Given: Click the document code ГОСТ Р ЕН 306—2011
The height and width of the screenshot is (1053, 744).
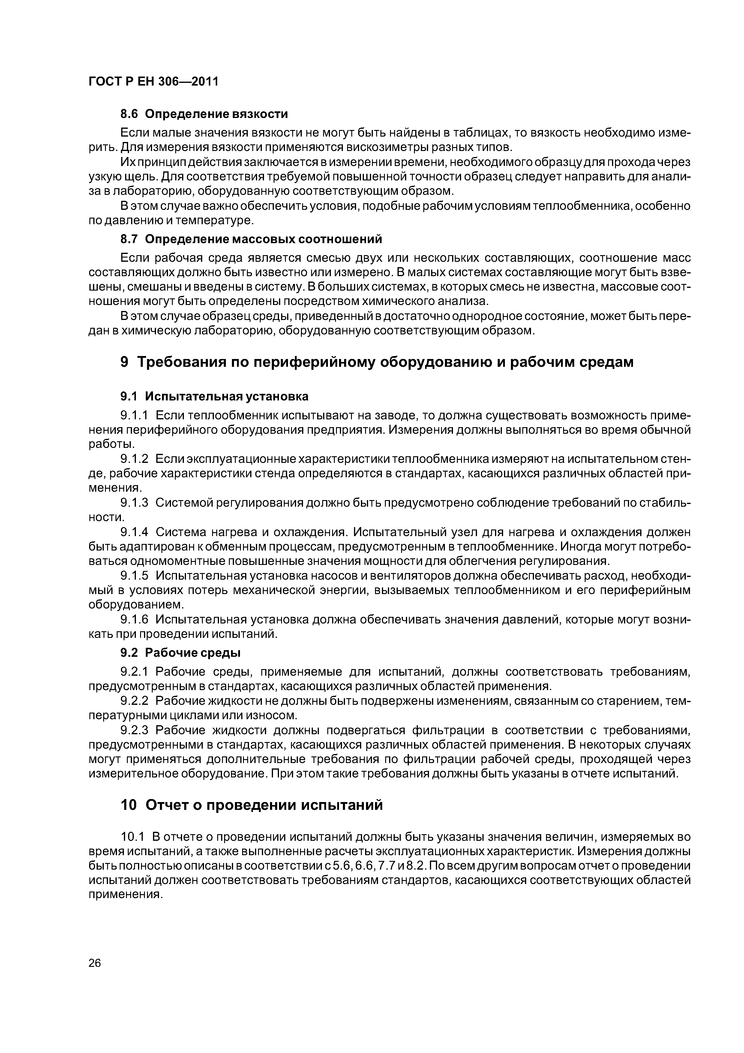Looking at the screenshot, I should tap(153, 82).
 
